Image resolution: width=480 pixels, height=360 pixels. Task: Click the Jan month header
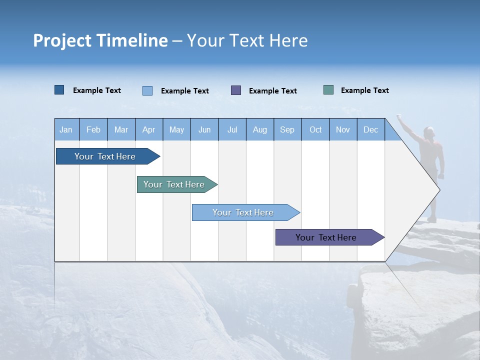(x=66, y=129)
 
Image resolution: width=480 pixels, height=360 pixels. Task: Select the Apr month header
(x=149, y=129)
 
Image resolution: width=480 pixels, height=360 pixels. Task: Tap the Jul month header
(x=232, y=129)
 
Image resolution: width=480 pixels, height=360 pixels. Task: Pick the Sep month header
(x=287, y=129)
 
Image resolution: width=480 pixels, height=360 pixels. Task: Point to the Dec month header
(x=370, y=129)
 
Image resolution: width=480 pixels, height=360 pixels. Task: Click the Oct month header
(x=315, y=129)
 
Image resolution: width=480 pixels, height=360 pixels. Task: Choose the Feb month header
(x=93, y=129)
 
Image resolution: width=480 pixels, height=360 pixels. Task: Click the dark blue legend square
(x=59, y=90)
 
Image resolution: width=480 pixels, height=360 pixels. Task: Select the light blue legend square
(x=147, y=90)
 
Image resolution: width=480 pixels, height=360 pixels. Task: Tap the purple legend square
(x=236, y=90)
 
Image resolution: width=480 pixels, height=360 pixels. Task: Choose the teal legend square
(x=328, y=90)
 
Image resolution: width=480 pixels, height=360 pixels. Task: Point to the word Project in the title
(x=62, y=40)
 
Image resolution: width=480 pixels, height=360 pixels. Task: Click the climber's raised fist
(x=399, y=116)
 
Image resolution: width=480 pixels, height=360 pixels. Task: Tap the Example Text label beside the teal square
(x=364, y=90)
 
